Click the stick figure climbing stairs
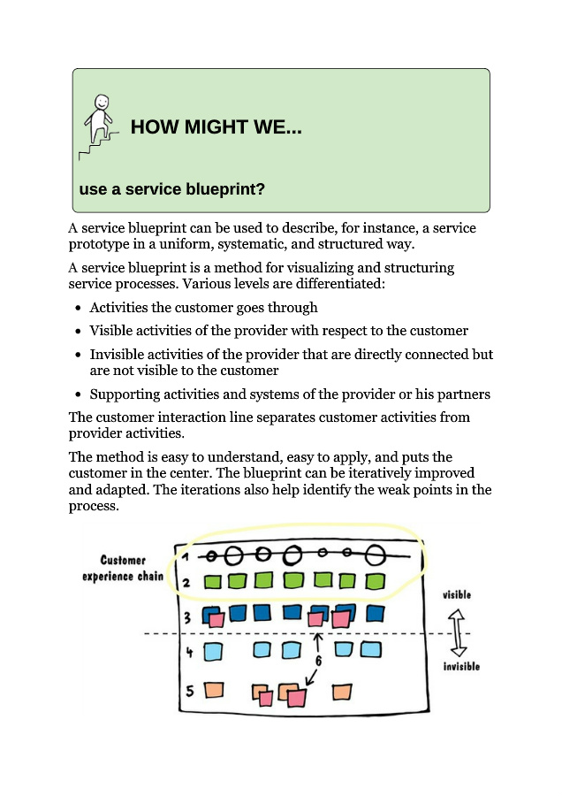coord(99,124)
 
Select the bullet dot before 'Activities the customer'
coord(79,308)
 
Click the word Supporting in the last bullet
coord(124,394)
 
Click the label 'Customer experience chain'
coord(123,569)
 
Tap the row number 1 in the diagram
coord(186,556)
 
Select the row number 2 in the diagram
coord(186,583)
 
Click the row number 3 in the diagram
coord(187,617)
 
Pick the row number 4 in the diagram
coord(188,653)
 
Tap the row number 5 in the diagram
coord(187,690)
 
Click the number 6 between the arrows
coord(317,660)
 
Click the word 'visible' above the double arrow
coord(457,595)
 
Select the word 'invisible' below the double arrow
coord(461,666)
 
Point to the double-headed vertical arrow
coord(458,631)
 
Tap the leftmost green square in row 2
coord(212,582)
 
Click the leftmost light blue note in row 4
coord(213,653)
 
